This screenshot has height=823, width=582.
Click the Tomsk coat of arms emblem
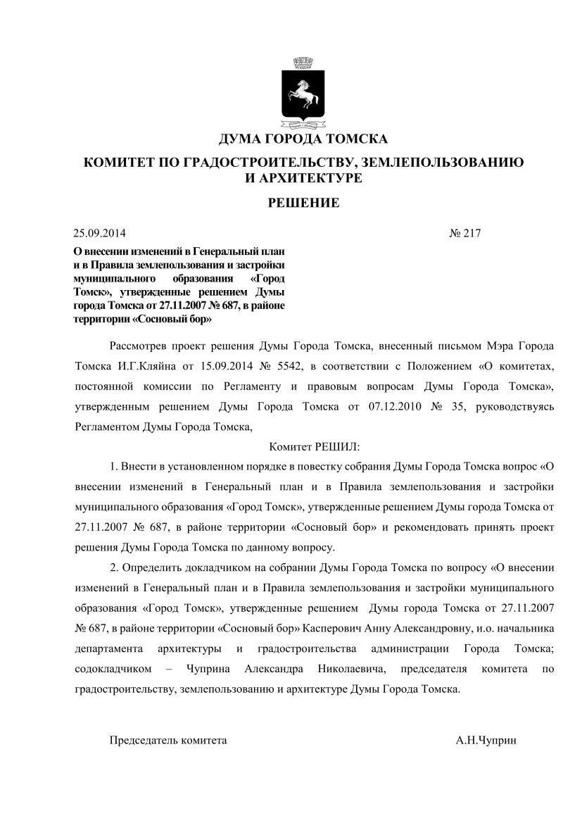(x=303, y=92)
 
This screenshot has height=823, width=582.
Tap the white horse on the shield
(x=303, y=92)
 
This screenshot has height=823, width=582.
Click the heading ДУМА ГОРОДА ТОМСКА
(x=303, y=139)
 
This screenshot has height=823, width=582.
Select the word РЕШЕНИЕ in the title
(x=303, y=203)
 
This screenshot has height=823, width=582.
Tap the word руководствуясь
(x=517, y=406)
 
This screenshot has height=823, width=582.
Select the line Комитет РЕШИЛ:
(x=314, y=446)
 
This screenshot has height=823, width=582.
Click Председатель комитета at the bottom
(x=168, y=741)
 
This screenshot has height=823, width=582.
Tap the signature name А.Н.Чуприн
(x=486, y=741)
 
